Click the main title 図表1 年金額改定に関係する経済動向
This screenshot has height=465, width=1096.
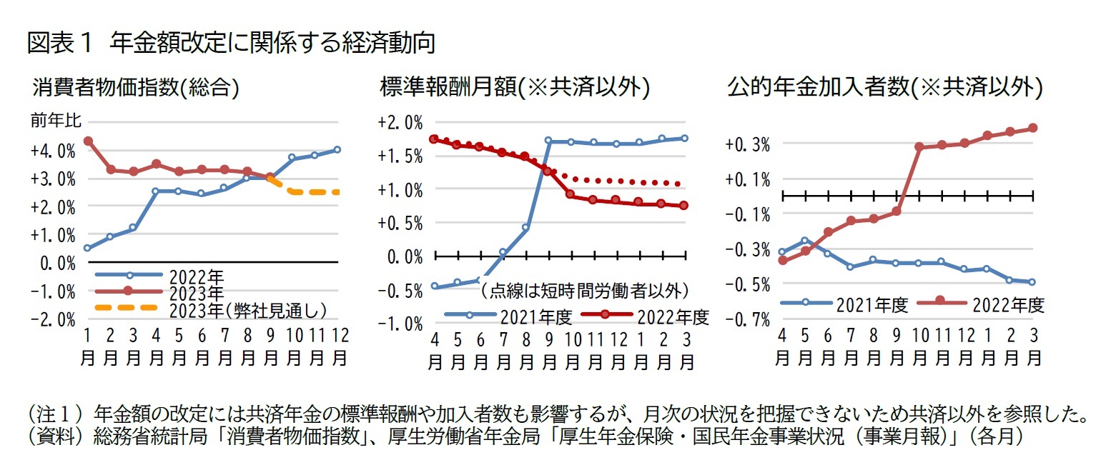pyautogui.click(x=230, y=43)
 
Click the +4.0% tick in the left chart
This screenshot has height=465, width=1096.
pyautogui.click(x=52, y=151)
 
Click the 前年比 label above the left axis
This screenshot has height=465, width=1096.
pyautogui.click(x=50, y=121)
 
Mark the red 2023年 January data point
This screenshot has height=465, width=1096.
pyautogui.click(x=87, y=141)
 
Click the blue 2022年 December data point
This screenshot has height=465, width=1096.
pyautogui.click(x=337, y=149)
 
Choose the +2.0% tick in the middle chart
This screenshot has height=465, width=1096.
pyautogui.click(x=400, y=122)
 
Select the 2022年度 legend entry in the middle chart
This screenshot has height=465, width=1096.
pyautogui.click(x=671, y=315)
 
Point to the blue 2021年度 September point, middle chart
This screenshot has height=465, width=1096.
pyautogui.click(x=548, y=141)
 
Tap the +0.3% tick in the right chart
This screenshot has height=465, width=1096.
pyautogui.click(x=745, y=144)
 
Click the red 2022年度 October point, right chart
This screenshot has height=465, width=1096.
pyautogui.click(x=919, y=146)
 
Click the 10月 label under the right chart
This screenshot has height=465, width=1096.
pyautogui.click(x=919, y=346)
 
